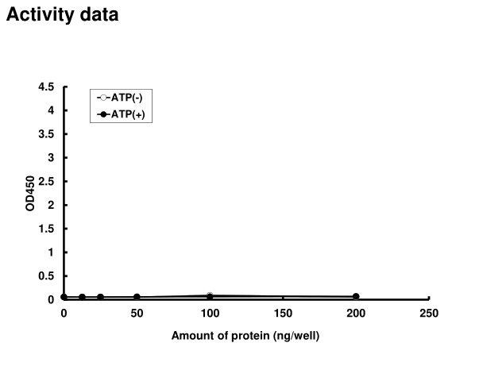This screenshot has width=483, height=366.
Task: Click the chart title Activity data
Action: (x=63, y=15)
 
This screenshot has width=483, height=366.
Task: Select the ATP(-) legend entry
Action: (x=122, y=98)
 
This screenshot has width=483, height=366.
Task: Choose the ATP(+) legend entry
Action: (x=122, y=114)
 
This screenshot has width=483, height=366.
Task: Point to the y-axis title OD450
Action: (x=30, y=194)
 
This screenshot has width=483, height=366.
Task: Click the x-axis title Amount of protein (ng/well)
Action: (x=245, y=336)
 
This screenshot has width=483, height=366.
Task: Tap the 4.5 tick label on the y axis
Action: (x=47, y=87)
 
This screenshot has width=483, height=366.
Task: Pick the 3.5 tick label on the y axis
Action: (x=47, y=134)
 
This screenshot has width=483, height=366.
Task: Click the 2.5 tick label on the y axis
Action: (x=47, y=181)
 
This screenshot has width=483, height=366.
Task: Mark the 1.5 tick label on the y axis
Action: (x=47, y=229)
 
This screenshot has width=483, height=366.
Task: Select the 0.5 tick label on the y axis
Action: (x=47, y=276)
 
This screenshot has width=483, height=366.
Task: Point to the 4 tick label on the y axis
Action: (x=51, y=110)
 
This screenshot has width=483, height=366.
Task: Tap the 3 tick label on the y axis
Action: (x=51, y=158)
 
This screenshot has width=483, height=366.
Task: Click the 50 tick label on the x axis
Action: (x=137, y=314)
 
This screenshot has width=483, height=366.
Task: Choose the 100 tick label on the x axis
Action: (x=210, y=314)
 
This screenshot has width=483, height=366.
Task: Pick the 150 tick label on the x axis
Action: (x=283, y=314)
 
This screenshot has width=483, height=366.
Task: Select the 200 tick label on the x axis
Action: (x=356, y=314)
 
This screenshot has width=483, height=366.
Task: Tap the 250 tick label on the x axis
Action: (x=429, y=314)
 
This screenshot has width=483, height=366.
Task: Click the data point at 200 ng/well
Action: (x=356, y=297)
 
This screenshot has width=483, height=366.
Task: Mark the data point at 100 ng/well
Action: (x=210, y=296)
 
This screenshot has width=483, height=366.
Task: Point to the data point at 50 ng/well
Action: (x=137, y=297)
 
